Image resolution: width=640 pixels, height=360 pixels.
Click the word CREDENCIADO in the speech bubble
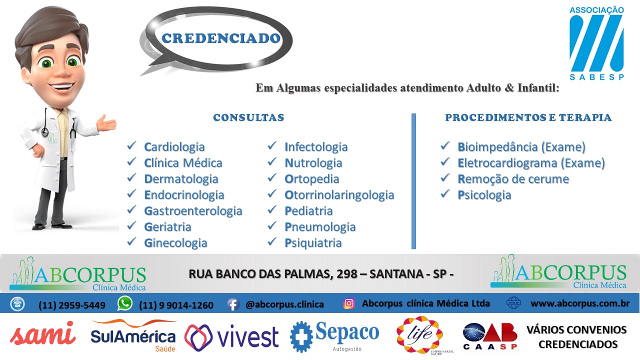[x=220, y=38]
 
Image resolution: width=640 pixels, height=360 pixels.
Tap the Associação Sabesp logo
[x=596, y=43]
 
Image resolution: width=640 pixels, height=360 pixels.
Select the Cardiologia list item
[x=174, y=147]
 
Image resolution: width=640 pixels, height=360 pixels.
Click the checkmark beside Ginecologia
[x=131, y=241]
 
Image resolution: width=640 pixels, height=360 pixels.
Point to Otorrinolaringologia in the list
[x=339, y=195]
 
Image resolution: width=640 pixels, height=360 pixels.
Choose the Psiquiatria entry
[x=313, y=243]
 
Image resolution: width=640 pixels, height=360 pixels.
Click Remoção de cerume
[x=513, y=179]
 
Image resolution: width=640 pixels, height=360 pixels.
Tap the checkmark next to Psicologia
[x=445, y=193]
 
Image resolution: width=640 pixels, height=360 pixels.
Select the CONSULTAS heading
[x=248, y=117]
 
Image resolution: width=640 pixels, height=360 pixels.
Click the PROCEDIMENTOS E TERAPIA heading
[x=528, y=117]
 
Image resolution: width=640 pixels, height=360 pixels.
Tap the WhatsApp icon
[x=125, y=303]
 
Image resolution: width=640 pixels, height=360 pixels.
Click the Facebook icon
[x=233, y=304]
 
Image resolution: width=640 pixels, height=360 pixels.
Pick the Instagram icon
[x=349, y=303]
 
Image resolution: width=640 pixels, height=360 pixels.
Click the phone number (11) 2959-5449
[x=71, y=305]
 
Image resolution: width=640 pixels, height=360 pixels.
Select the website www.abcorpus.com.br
[x=579, y=303]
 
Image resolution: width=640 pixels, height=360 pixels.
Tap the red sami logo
[x=43, y=333]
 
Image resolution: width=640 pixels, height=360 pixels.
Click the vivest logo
[x=231, y=337]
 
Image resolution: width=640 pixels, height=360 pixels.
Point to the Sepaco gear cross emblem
[x=301, y=336]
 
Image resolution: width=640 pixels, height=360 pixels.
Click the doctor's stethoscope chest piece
[x=45, y=131]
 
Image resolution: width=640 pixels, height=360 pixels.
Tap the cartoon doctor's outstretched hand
[x=106, y=123]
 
